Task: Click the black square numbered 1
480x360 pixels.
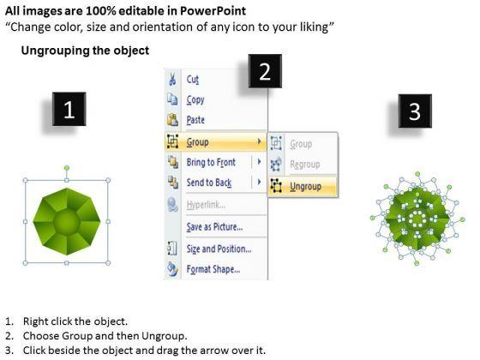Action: click(69, 109)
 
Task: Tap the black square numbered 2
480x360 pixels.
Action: click(265, 71)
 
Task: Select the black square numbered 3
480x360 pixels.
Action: click(415, 111)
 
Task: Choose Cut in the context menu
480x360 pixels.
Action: click(193, 80)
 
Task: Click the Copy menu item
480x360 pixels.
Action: click(195, 99)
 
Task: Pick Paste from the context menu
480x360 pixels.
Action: click(195, 120)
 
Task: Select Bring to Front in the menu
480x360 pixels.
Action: click(211, 162)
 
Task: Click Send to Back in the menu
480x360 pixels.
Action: click(209, 183)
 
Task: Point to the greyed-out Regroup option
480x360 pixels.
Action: click(305, 165)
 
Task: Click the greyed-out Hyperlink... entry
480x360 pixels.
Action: click(206, 205)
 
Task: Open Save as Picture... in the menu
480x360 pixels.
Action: click(214, 227)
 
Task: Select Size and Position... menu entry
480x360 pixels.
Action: click(219, 249)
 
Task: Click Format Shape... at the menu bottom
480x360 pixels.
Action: click(213, 269)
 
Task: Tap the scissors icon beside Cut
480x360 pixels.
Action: click(172, 79)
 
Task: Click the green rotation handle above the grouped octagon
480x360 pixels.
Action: click(67, 168)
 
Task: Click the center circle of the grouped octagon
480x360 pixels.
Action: click(67, 221)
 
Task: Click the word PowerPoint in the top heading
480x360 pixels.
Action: click(213, 11)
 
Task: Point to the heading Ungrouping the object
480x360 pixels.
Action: click(85, 51)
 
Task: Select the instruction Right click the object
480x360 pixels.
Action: click(75, 321)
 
